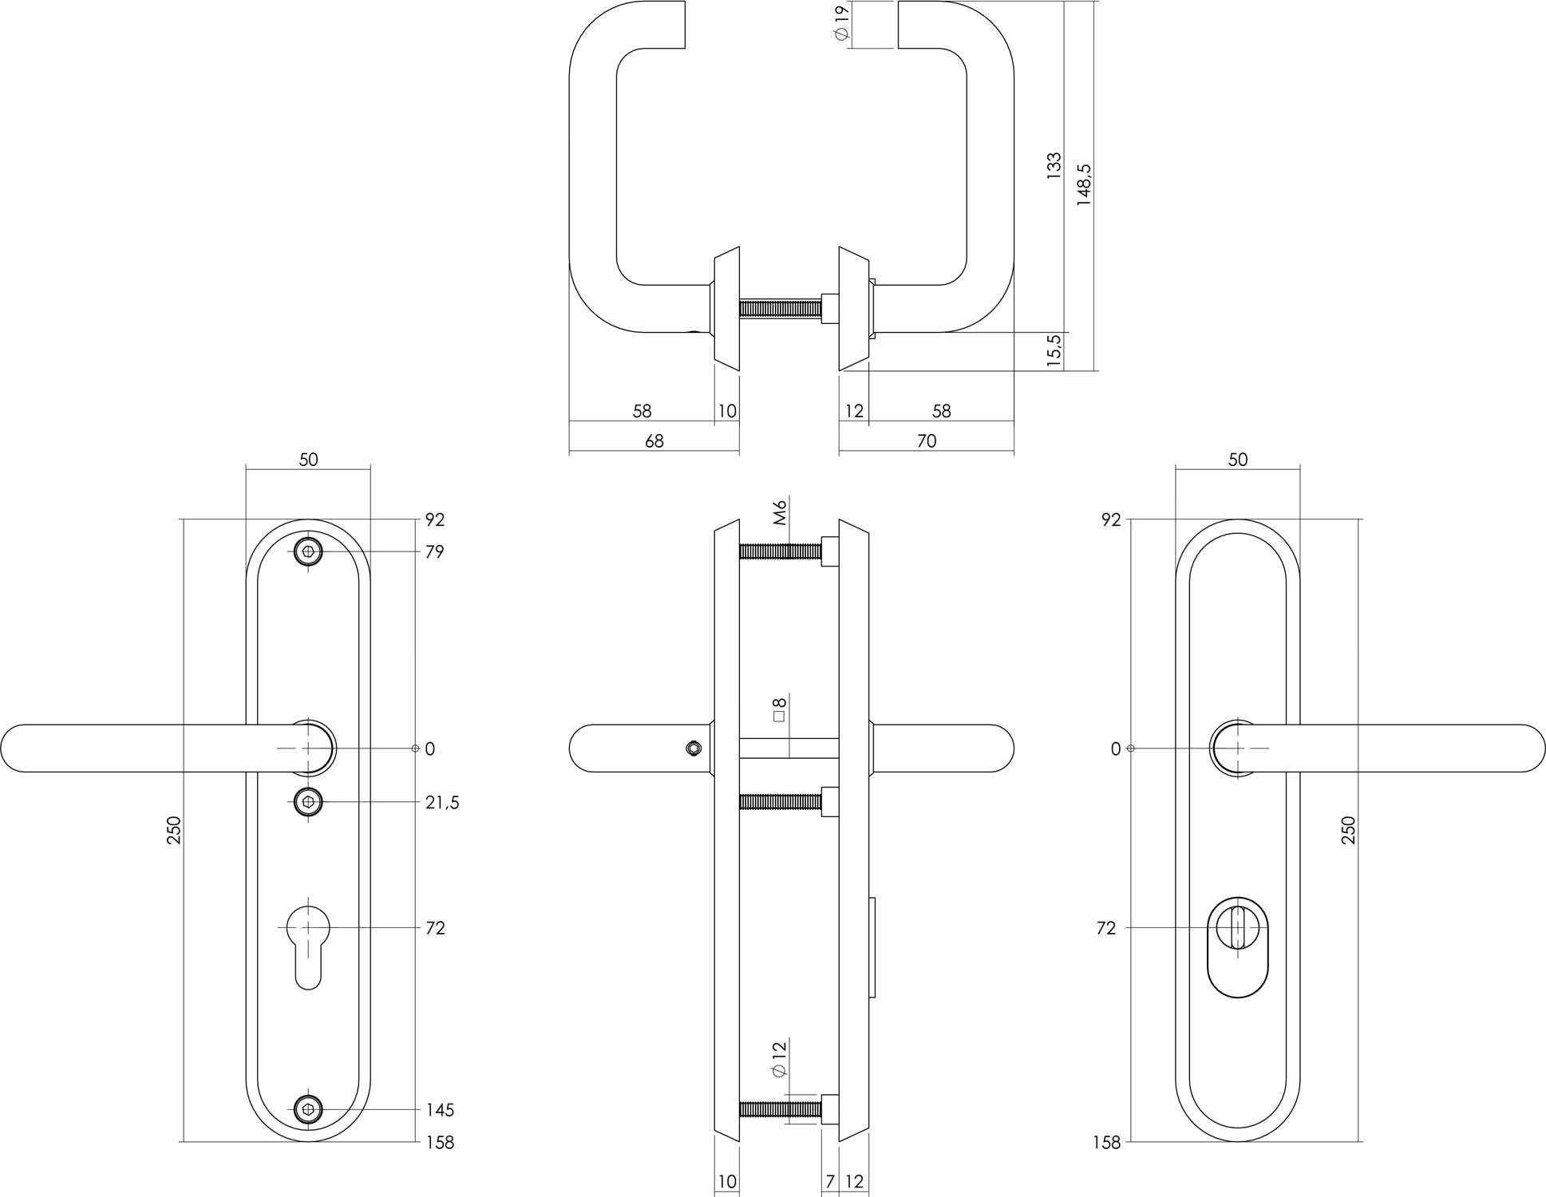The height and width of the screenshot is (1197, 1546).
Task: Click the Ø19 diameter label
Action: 840,24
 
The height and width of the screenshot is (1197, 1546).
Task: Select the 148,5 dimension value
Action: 1083,185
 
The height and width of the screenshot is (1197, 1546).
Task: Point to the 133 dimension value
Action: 1054,164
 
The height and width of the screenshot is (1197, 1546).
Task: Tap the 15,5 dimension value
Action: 1054,350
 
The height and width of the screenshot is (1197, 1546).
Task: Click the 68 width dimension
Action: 654,441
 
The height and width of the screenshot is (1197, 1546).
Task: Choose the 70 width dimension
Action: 926,441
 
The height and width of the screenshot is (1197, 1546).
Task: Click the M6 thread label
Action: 781,511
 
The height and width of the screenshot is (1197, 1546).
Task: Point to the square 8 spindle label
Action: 780,709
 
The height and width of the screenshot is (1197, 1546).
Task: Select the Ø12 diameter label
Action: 780,1060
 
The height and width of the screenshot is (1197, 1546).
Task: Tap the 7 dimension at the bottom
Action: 830,1182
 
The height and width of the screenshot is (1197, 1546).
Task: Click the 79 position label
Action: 434,552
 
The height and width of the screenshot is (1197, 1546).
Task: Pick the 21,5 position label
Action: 441,802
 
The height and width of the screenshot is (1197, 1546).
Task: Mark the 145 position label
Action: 439,1110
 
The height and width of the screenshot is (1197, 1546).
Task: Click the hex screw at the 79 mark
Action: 308,551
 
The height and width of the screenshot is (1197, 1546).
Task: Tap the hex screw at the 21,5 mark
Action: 308,801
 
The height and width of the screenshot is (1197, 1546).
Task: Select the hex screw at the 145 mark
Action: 308,1109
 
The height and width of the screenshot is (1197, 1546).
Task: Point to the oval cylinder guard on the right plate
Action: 1237,948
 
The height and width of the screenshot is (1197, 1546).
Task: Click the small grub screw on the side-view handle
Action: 693,749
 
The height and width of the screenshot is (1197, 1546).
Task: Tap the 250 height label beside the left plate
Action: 174,830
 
